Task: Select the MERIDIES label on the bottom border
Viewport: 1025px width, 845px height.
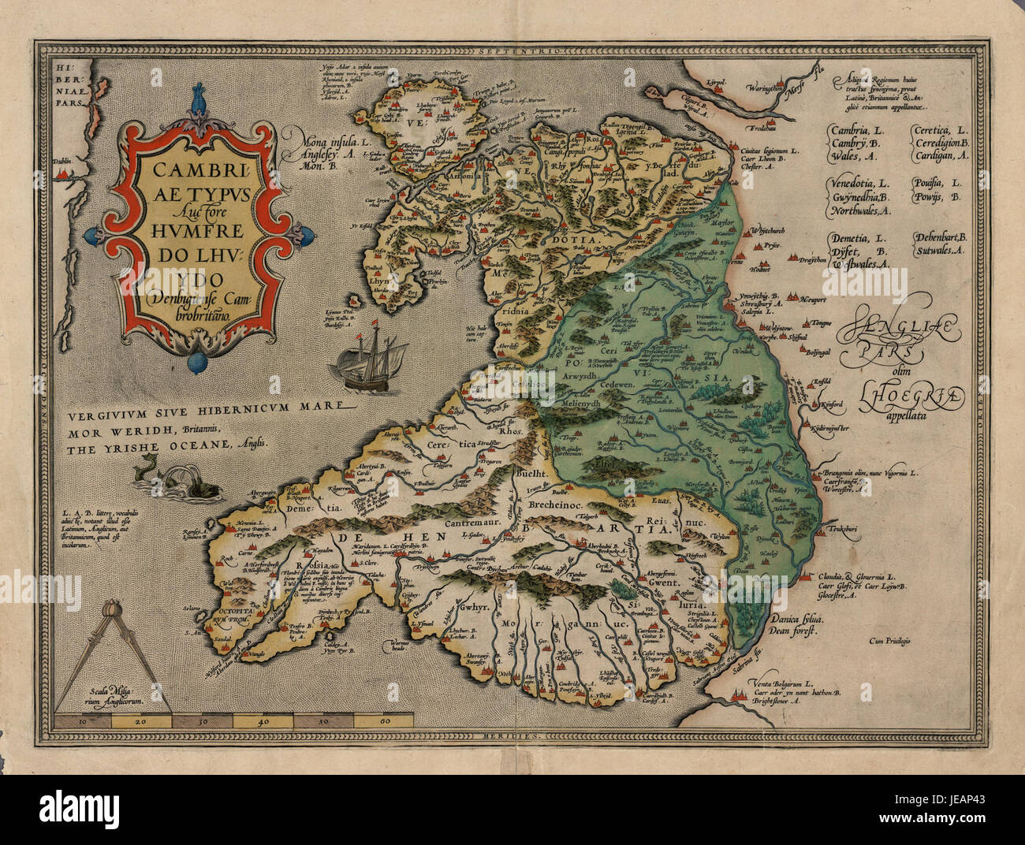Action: [x=511, y=735]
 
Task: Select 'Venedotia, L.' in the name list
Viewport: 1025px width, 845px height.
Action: [x=861, y=183]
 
